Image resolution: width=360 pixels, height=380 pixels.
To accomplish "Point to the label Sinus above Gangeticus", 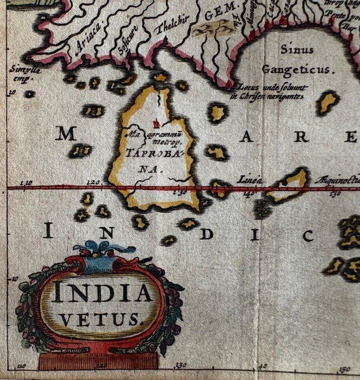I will click(x=297, y=50).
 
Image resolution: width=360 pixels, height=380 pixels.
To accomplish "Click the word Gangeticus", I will click(x=298, y=69).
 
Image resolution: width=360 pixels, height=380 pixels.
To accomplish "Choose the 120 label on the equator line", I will click(x=93, y=183).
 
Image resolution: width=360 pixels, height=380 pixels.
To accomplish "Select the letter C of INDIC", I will click(x=308, y=236).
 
